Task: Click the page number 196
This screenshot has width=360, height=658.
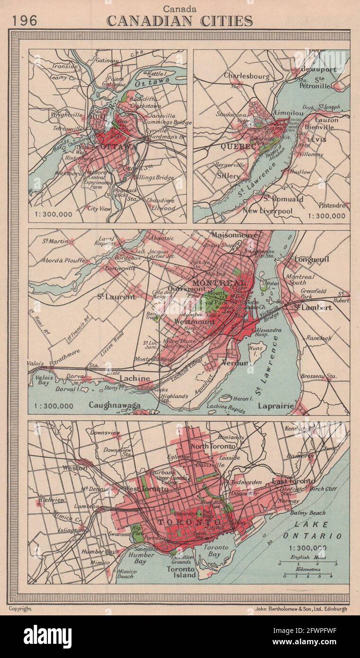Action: coord(24,20)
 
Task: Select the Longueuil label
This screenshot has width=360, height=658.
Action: coord(311,259)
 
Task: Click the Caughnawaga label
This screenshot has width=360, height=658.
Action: coord(115,405)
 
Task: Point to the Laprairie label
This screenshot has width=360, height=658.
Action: coord(276,406)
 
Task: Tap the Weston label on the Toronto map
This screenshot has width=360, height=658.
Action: coord(75,468)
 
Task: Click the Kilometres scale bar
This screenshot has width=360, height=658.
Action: coord(307,575)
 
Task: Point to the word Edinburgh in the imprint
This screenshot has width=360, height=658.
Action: coord(333,609)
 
